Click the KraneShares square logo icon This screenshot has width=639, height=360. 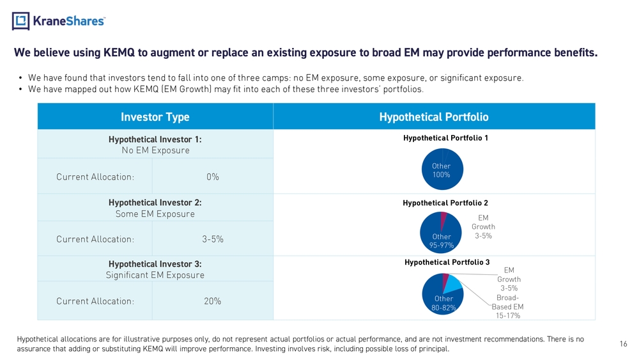pyautogui.click(x=21, y=21)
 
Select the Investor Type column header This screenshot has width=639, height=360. pyautogui.click(x=155, y=117)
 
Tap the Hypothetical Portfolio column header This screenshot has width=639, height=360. pyautogui.click(x=434, y=117)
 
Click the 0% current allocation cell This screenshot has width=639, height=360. pyautogui.click(x=213, y=177)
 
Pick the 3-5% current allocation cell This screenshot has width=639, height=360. pyautogui.click(x=213, y=239)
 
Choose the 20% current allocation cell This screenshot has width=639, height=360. pyautogui.click(x=213, y=301)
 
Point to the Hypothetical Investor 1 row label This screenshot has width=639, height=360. pyautogui.click(x=155, y=139)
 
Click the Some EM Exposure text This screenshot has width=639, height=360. pyautogui.click(x=155, y=214)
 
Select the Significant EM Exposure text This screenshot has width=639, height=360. pyautogui.click(x=155, y=275)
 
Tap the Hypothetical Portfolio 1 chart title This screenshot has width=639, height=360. pyautogui.click(x=445, y=138)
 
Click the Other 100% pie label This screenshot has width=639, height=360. pyautogui.click(x=442, y=171)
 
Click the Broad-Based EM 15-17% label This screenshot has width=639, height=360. pyautogui.click(x=507, y=306)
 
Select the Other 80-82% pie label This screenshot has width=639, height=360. pyautogui.click(x=443, y=303)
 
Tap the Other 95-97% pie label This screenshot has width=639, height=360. pyautogui.click(x=442, y=241)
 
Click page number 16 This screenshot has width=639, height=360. pyautogui.click(x=623, y=343)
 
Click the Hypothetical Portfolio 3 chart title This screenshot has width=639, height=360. pyautogui.click(x=447, y=262)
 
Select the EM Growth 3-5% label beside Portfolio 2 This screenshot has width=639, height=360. pyautogui.click(x=483, y=227)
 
